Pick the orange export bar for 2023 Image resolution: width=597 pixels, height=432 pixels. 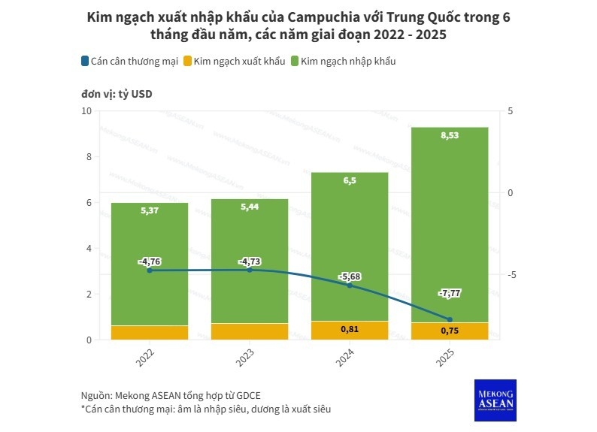250,331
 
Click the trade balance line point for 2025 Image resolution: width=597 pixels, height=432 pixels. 450,319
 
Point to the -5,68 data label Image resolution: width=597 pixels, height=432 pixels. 350,276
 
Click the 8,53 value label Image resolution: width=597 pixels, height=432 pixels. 450,135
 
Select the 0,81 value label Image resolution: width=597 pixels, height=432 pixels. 350,329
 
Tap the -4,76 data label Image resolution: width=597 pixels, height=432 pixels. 150,261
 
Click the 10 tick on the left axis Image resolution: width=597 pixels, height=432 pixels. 86,111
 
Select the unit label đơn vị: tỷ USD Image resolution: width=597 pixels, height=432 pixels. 117,94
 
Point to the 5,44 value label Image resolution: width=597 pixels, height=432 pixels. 250,207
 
